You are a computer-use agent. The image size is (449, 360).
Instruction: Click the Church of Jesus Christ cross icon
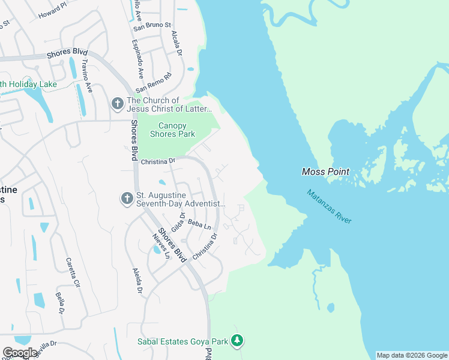click(x=117, y=104)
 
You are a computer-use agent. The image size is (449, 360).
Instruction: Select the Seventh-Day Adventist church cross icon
click(x=127, y=198)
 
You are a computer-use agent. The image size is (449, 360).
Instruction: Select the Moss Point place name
click(x=325, y=172)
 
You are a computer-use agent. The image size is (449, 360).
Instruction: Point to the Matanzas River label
click(x=329, y=206)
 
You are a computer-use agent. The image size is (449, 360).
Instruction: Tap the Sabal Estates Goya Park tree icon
click(x=238, y=341)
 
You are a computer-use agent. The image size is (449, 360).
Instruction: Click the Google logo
click(x=20, y=353)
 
